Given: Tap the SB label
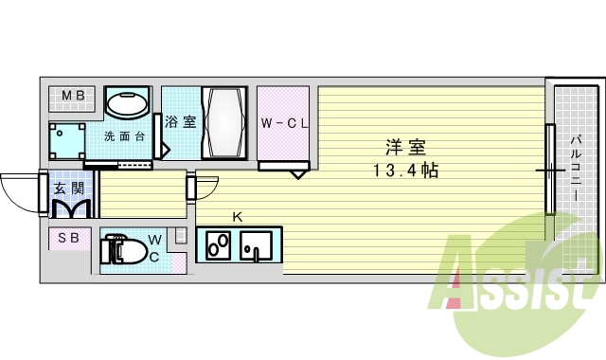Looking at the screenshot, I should pyautogui.click(x=68, y=238).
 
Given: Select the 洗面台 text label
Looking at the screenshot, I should pyautogui.click(x=124, y=135).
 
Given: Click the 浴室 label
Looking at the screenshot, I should pyautogui.click(x=180, y=122).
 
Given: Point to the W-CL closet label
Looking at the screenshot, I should pyautogui.click(x=281, y=123).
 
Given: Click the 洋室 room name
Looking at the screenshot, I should pyautogui.click(x=404, y=148).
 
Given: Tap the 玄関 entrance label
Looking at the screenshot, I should pyautogui.click(x=68, y=188).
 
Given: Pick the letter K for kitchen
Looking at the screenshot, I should pyautogui.click(x=238, y=216).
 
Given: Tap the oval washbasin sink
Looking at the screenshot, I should pyautogui.click(x=126, y=102).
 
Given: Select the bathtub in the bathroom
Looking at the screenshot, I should pyautogui.click(x=225, y=123).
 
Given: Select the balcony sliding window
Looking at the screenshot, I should pyautogui.click(x=548, y=170).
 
